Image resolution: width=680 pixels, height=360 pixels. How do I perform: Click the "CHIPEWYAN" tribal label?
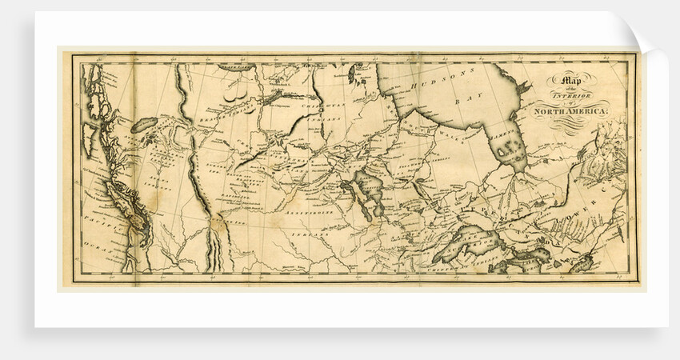[320, 106]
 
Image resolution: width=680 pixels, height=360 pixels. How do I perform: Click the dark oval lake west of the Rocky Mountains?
[146, 125]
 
